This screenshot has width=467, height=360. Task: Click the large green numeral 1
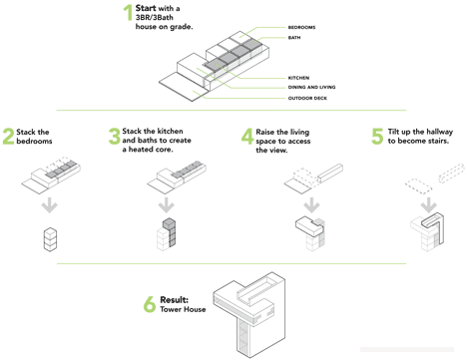click(128, 13)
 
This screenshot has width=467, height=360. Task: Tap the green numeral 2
click(8, 137)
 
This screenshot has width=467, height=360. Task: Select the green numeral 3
click(115, 137)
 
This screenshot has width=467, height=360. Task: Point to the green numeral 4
click(247, 137)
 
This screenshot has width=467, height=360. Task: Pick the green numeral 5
click(377, 137)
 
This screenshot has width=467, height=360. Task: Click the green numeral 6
click(150, 304)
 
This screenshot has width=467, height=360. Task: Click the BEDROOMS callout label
click(301, 27)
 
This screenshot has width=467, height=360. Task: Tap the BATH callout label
click(294, 38)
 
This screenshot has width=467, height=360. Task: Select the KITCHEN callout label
click(298, 78)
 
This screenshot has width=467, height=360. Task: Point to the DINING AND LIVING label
click(311, 87)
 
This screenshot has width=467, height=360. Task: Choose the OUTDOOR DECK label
click(307, 98)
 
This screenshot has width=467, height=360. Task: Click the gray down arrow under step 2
click(50, 205)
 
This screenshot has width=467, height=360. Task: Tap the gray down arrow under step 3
click(167, 205)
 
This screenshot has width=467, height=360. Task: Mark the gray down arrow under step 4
click(311, 205)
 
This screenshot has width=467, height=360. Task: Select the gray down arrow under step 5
click(429, 205)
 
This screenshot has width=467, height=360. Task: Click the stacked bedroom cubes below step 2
click(50, 239)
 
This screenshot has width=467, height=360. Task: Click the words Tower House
click(183, 309)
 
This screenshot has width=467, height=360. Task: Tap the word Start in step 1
click(146, 8)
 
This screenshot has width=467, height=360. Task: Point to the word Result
click(175, 300)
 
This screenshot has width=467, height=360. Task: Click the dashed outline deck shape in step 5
click(418, 186)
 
